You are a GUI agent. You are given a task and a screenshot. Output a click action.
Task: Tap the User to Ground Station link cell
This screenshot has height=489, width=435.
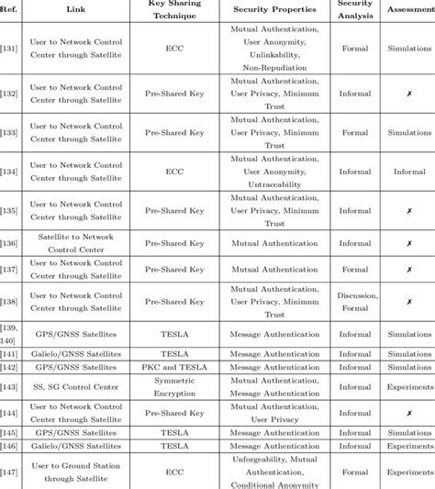tap(75, 472)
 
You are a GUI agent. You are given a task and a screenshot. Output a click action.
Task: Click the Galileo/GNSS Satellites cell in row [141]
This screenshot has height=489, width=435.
tap(75, 353)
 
